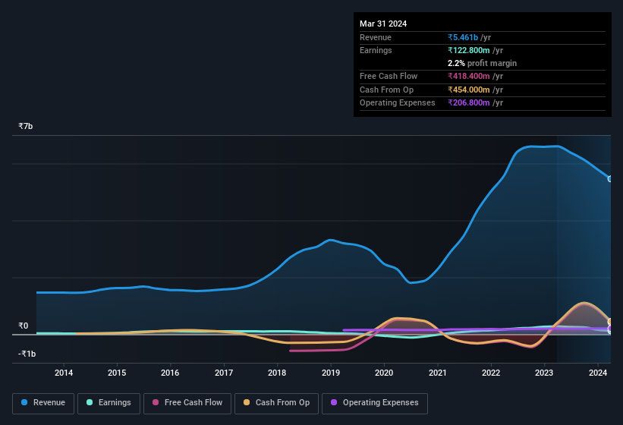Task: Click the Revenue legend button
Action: (43, 403)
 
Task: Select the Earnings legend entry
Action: (108, 403)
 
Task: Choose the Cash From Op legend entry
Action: (275, 403)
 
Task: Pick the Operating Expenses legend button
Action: (374, 403)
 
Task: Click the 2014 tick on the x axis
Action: (64, 373)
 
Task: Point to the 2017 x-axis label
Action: (224, 373)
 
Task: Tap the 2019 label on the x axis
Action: (331, 373)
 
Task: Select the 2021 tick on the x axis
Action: (437, 373)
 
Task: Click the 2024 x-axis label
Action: (597, 373)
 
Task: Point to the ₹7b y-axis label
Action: (26, 126)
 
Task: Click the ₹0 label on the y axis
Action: (24, 326)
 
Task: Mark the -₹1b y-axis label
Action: (27, 354)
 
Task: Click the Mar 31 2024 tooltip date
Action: (383, 24)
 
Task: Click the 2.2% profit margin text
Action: (482, 63)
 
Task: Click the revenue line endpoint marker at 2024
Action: (610, 179)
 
